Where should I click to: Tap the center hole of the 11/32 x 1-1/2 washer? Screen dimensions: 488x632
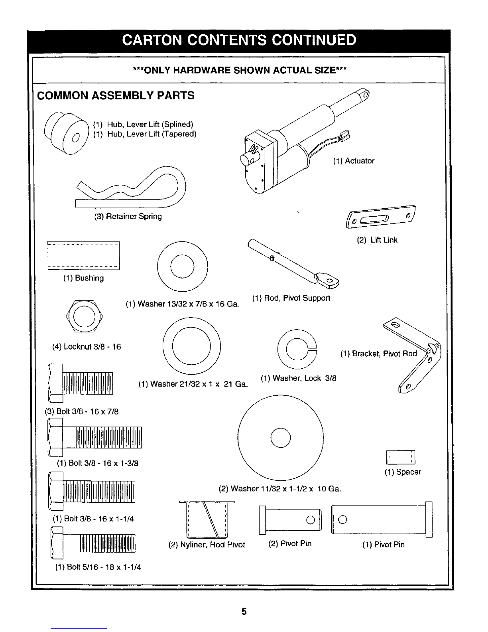click(x=280, y=438)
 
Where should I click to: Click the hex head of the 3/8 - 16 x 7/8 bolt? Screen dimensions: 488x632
click(x=55, y=383)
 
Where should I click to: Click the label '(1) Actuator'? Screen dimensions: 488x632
click(x=354, y=161)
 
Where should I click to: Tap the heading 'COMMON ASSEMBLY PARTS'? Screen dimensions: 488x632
click(x=116, y=95)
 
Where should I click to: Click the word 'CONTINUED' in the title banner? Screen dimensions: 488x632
click(x=314, y=40)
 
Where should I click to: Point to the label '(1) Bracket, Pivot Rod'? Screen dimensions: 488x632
click(x=378, y=354)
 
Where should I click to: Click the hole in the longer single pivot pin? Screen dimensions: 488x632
click(x=342, y=519)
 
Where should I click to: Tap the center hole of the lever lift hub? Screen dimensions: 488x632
click(x=76, y=137)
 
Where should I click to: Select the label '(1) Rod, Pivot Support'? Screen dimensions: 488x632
click(x=291, y=298)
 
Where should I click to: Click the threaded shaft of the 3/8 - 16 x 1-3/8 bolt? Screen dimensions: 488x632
click(x=109, y=437)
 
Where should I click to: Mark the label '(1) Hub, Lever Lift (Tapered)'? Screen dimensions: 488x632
click(x=145, y=134)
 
